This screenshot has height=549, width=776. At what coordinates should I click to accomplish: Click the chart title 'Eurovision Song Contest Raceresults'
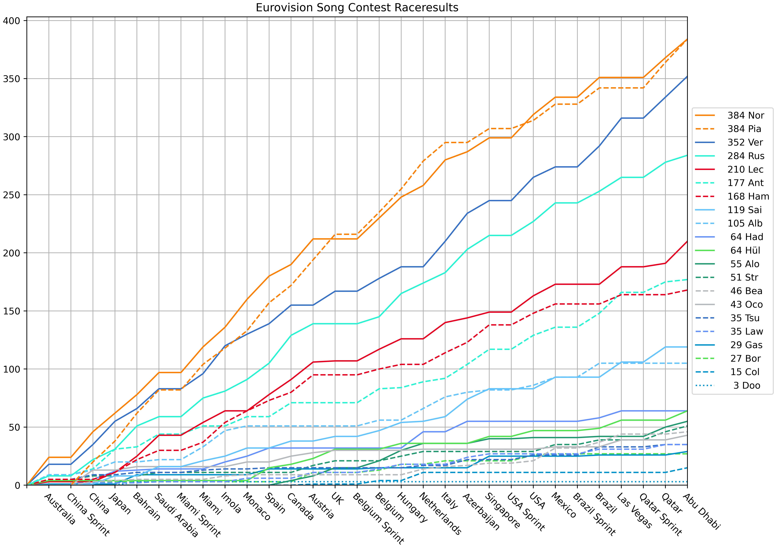(357, 7)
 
